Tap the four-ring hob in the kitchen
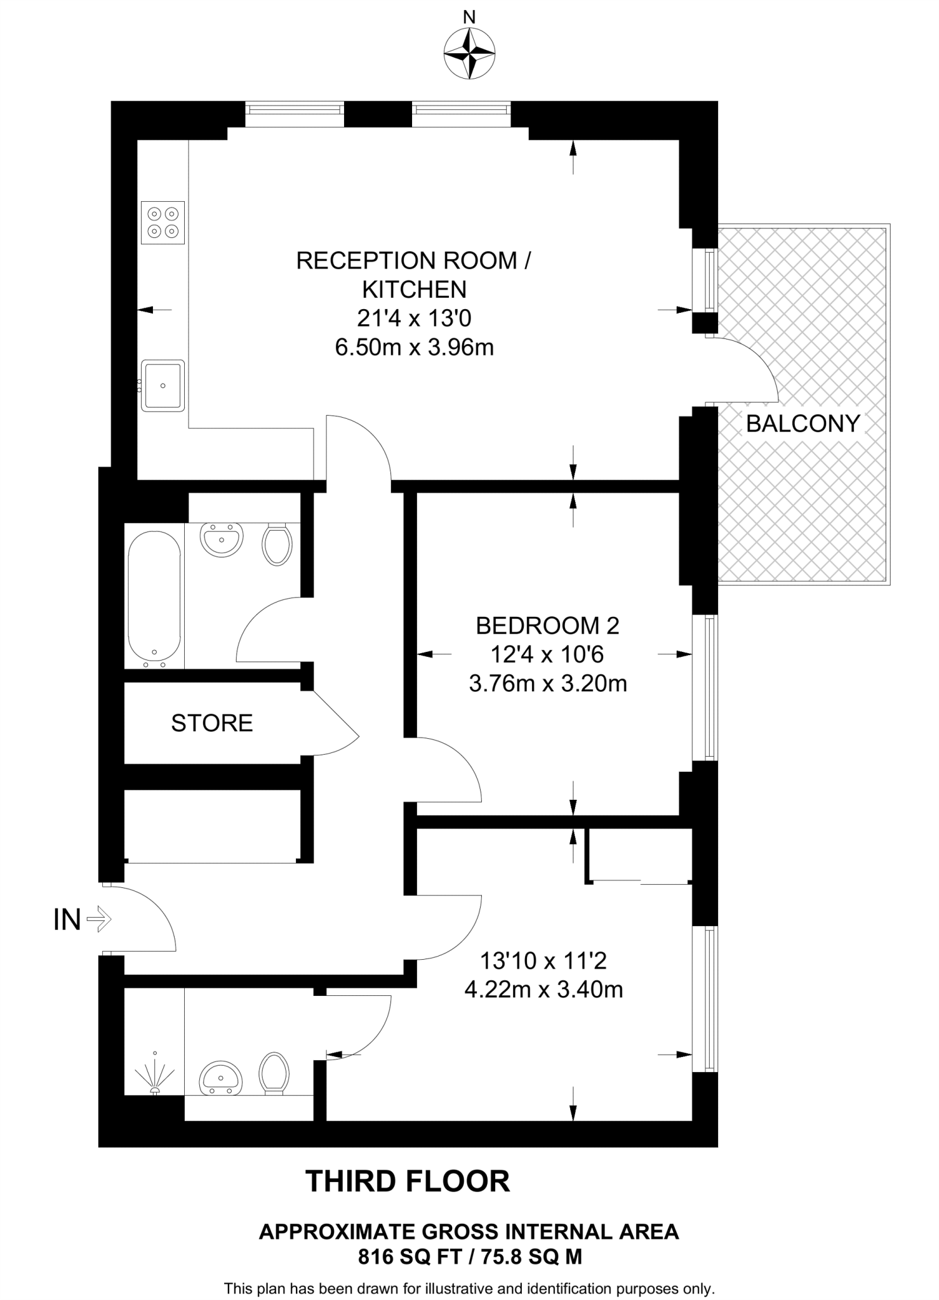click(x=163, y=222)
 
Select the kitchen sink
click(x=163, y=385)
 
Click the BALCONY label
click(x=802, y=423)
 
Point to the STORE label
click(x=212, y=723)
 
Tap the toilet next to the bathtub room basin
click(x=277, y=543)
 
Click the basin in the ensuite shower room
click(x=221, y=1077)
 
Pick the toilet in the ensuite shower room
click(x=274, y=1073)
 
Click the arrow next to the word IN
click(x=98, y=919)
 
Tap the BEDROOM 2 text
click(x=547, y=626)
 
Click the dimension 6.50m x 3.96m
click(x=414, y=348)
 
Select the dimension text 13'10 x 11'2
click(x=543, y=960)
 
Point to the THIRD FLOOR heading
click(x=408, y=1181)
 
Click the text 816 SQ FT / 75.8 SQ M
click(x=470, y=1257)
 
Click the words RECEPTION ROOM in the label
click(x=406, y=261)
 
